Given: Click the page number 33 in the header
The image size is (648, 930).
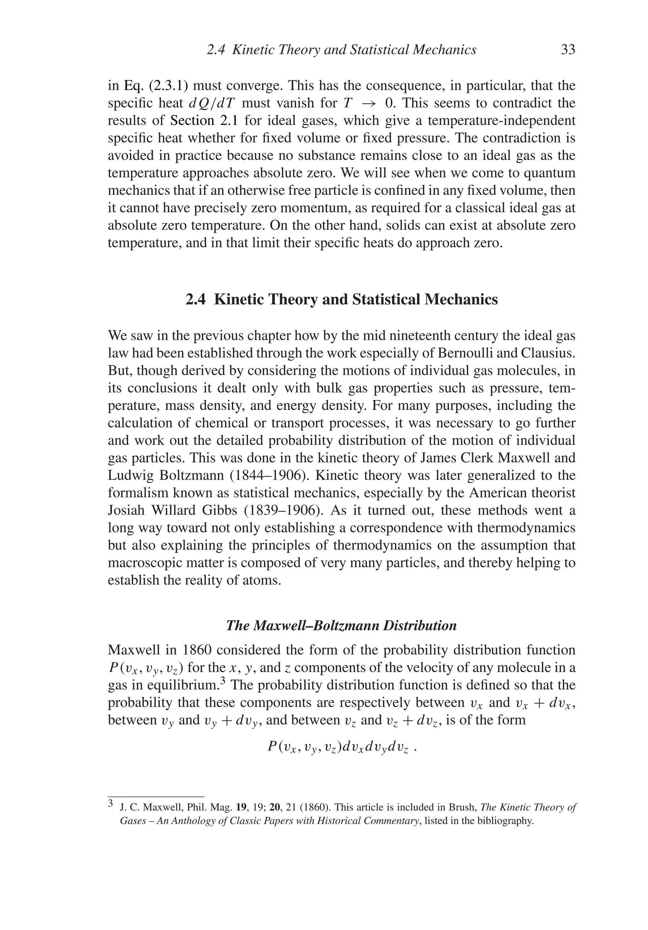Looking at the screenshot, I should point(568,50).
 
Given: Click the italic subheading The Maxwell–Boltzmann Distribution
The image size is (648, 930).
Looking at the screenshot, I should point(341,625).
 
